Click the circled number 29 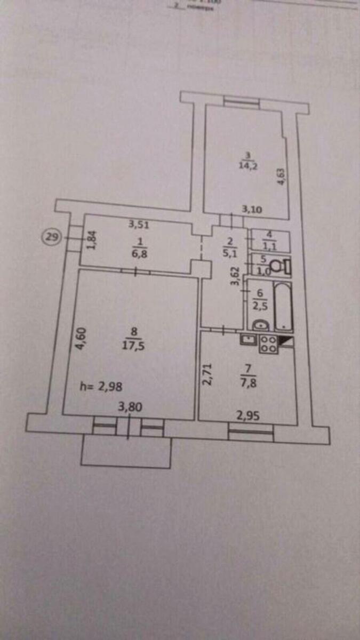click(52, 236)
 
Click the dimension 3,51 click(138, 225)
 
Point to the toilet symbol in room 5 click(277, 265)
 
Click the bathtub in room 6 click(283, 307)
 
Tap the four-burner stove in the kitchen click(268, 344)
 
